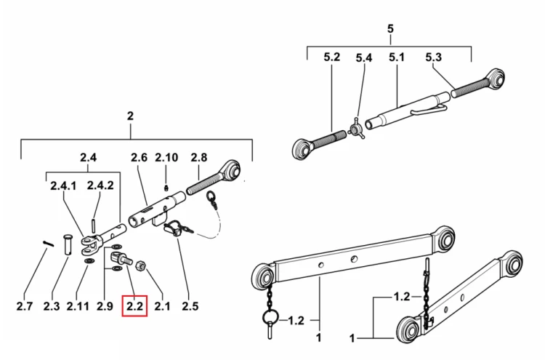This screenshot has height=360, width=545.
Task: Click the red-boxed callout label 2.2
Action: coord(134,306)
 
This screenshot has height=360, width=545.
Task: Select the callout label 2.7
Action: coord(24,306)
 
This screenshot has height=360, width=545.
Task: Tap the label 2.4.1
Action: coord(63,185)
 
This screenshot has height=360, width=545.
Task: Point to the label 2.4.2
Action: coord(100,185)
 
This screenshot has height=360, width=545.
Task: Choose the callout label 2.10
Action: coord(166,158)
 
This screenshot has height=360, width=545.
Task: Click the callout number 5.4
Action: coord(364,57)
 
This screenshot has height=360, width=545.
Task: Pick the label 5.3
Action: coord(433,57)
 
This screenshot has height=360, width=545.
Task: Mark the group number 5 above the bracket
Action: coord(390,28)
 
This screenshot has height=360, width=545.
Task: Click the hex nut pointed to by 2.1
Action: coord(141,266)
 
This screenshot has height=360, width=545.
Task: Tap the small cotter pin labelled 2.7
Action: coord(48,243)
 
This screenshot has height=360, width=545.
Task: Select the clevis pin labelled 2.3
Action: coord(68,245)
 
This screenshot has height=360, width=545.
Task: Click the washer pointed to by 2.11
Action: coord(90,261)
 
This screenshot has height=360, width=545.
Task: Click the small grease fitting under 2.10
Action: coord(166,188)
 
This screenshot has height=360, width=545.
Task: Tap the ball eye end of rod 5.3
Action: coord(493,79)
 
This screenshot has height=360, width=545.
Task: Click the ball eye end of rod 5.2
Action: coord(301,150)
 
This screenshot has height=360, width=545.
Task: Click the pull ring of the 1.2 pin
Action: coord(270,316)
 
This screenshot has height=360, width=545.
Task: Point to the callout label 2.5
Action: coord(190,306)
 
